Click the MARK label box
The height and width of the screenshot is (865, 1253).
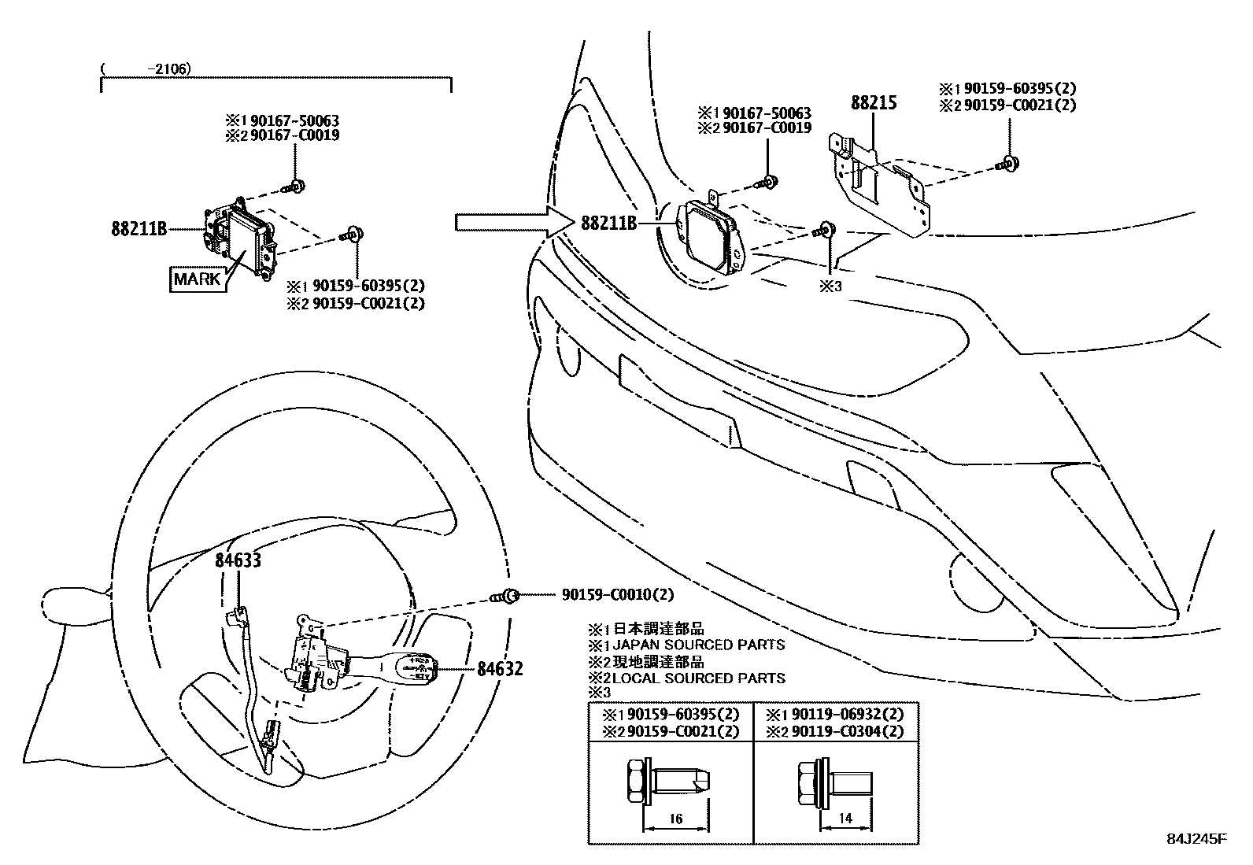(198, 279)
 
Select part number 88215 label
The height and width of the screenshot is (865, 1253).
(874, 102)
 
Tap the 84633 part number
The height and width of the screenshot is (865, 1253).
(238, 560)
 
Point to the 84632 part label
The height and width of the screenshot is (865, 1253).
(500, 669)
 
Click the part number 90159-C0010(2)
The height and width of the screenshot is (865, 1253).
(618, 595)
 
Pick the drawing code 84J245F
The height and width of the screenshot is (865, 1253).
(1196, 838)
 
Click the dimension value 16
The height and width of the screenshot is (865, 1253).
(675, 819)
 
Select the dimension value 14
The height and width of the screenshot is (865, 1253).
(845, 819)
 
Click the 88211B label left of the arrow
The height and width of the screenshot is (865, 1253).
(139, 229)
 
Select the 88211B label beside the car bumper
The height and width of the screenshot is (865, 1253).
(608, 223)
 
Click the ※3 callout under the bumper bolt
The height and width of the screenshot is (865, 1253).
(830, 286)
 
